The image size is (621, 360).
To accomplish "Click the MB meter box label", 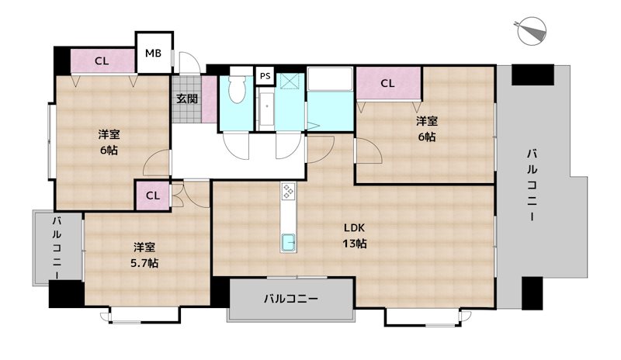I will [152, 54].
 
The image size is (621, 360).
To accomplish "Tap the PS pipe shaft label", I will [265, 76].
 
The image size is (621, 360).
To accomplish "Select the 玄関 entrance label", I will [186, 99].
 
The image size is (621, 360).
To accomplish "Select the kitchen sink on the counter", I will [287, 243].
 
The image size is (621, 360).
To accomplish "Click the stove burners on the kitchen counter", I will [288, 192].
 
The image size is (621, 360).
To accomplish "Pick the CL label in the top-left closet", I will [102, 61].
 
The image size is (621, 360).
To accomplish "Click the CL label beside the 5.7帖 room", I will [153, 196].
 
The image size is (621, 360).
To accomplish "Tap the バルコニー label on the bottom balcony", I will [290, 298].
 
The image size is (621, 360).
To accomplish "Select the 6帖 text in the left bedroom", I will [109, 150].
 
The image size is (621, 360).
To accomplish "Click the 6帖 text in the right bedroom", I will [426, 137].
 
